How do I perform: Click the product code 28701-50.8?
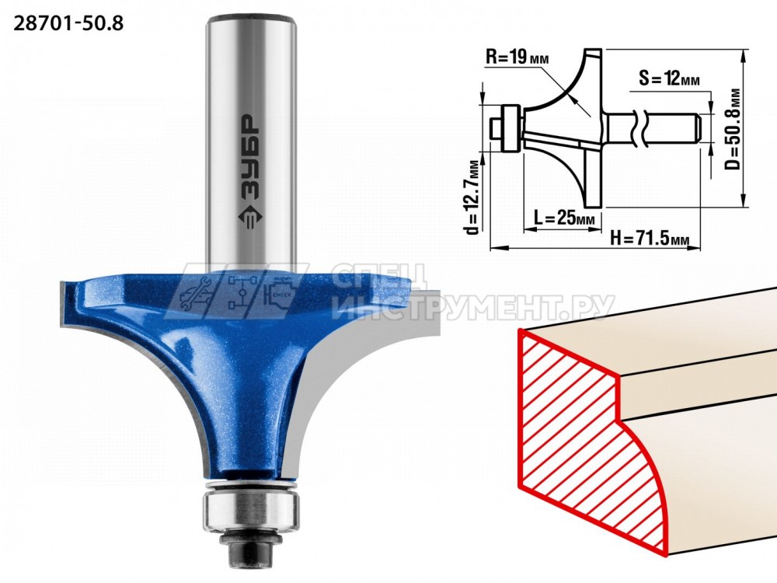(x=69, y=23)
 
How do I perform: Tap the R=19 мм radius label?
(x=517, y=58)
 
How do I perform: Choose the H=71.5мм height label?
(x=649, y=239)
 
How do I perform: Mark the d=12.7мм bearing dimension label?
(x=474, y=197)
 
